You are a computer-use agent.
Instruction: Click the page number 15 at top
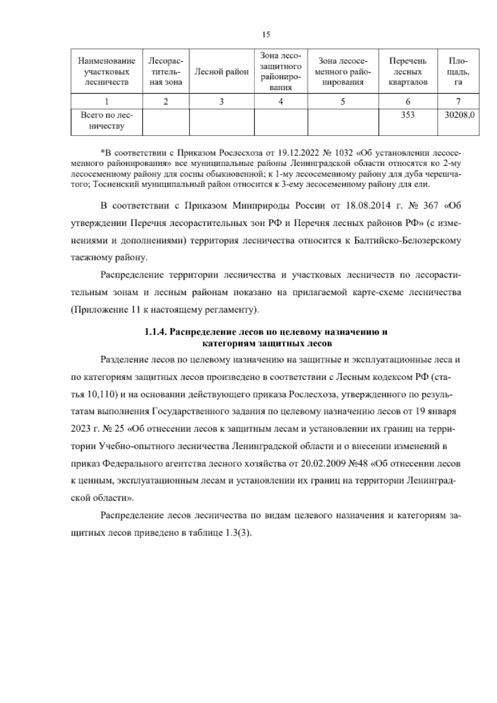(x=266, y=35)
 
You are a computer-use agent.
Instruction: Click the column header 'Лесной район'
(x=222, y=72)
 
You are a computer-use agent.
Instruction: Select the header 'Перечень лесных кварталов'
(x=408, y=72)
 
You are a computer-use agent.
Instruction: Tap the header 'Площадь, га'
(x=458, y=72)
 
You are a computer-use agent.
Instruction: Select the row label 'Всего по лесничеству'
(x=107, y=121)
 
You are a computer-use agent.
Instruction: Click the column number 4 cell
(x=281, y=102)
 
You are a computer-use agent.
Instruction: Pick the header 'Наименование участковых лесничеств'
(x=107, y=72)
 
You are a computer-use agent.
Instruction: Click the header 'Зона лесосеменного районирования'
(x=343, y=72)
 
